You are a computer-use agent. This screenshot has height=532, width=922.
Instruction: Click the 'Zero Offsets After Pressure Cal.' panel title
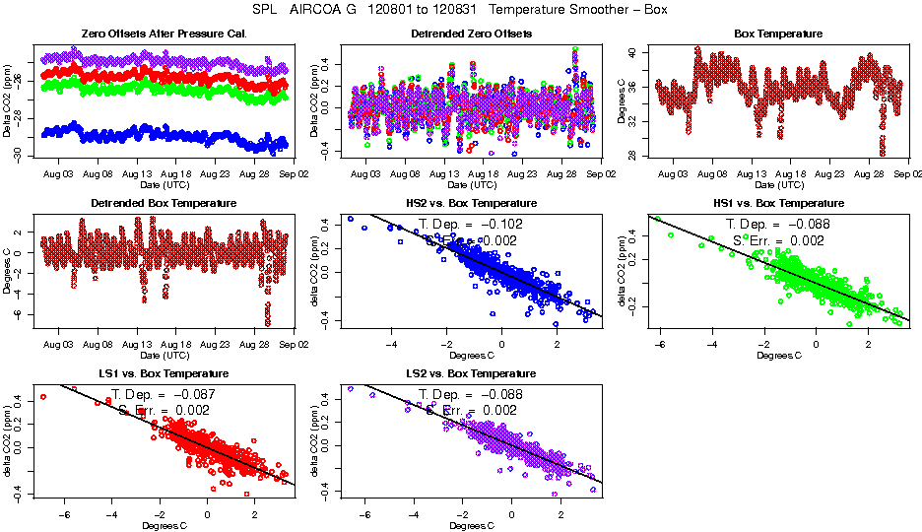tap(165, 34)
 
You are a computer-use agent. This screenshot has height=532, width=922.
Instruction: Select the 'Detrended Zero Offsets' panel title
tap(471, 34)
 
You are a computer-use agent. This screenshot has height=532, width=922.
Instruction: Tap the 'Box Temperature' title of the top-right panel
tap(778, 34)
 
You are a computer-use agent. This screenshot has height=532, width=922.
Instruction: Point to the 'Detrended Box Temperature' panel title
tap(165, 204)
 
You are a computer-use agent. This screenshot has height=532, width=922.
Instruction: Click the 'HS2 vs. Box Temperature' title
tap(471, 204)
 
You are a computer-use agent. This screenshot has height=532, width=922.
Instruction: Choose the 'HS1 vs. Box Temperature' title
tap(778, 204)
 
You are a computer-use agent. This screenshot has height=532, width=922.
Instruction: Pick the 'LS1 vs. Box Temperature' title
tap(165, 374)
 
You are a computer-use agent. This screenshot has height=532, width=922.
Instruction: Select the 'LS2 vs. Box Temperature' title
tap(471, 374)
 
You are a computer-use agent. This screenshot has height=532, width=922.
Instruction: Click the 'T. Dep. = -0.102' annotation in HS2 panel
tap(471, 224)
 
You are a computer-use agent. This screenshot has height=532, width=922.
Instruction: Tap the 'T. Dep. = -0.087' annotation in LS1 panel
tap(165, 394)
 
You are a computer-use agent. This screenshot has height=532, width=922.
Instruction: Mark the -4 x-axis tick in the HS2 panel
tap(392, 345)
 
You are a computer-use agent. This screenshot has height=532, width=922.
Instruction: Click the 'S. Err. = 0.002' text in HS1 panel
tap(778, 240)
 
